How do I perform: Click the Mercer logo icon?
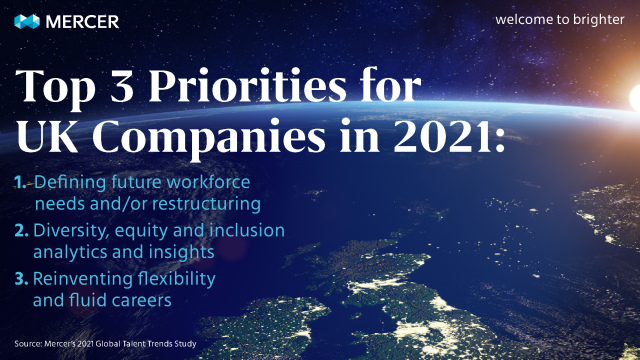(x=29, y=20)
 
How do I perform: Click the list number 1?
(x=21, y=183)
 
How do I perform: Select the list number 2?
(x=21, y=231)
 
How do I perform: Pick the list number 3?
(x=21, y=277)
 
